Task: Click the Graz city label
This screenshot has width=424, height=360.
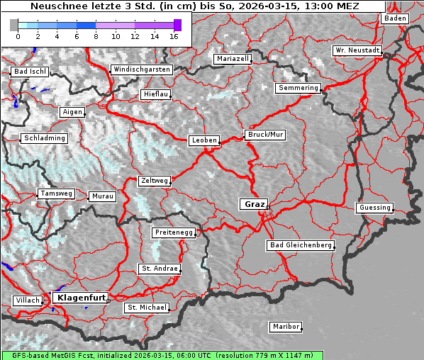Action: (x=254, y=204)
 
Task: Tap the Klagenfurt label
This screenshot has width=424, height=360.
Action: (x=81, y=298)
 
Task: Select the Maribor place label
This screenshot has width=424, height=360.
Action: (x=286, y=327)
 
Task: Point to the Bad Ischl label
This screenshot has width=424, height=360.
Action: (x=30, y=72)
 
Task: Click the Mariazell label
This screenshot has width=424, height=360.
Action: (x=233, y=59)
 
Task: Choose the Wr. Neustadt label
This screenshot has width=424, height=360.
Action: (x=357, y=50)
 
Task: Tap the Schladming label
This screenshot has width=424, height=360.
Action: (x=44, y=138)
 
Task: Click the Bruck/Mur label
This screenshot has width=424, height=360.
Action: (x=264, y=134)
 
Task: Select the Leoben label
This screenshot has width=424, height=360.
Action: (x=204, y=140)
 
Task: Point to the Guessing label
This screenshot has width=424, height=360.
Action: (x=374, y=208)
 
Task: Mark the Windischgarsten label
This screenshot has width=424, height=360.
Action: (x=141, y=69)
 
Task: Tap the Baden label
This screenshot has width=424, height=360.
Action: (x=396, y=18)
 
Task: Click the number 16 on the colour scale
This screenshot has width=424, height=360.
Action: (x=174, y=36)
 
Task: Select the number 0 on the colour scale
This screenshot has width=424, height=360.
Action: (x=17, y=36)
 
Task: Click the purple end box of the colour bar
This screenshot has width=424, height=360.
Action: (x=177, y=25)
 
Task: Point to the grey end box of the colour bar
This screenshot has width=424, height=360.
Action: (x=13, y=25)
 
